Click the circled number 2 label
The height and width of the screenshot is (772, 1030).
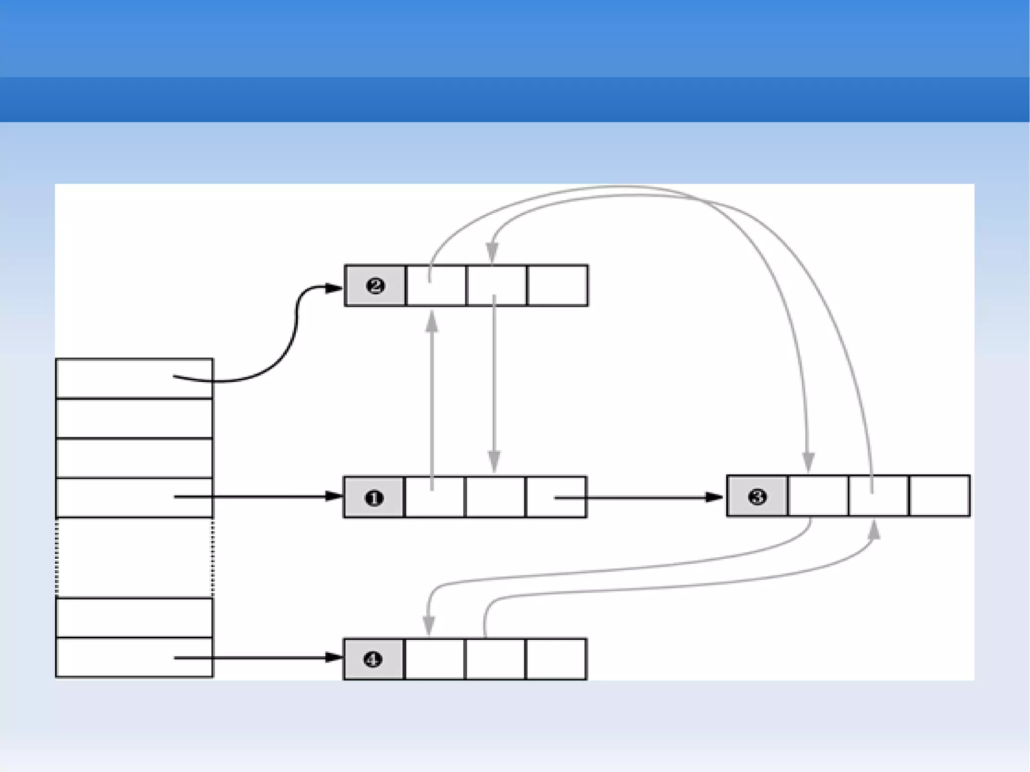point(375,286)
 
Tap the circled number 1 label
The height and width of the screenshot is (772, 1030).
point(374,498)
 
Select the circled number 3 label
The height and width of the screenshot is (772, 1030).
point(757,497)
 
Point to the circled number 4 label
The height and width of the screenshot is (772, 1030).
point(373,659)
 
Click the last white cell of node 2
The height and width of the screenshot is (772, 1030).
point(557,286)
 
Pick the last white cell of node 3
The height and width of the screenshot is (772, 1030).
point(939,496)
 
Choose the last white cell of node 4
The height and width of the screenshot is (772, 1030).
point(556,659)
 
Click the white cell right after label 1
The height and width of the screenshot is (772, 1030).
point(435,498)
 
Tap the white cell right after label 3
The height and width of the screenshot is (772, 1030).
point(818,496)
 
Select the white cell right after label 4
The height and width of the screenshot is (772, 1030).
point(435,659)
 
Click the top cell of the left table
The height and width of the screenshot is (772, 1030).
point(134,378)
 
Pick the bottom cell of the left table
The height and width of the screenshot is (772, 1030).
point(134,658)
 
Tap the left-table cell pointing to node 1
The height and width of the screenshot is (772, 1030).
point(134,497)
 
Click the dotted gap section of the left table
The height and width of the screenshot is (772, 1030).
point(134,558)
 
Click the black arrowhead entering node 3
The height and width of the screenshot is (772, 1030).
point(715,497)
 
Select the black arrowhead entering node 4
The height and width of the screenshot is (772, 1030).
point(333,657)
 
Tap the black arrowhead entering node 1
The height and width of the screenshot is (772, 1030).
point(333,497)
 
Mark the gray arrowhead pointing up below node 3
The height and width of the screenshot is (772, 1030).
point(875,530)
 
